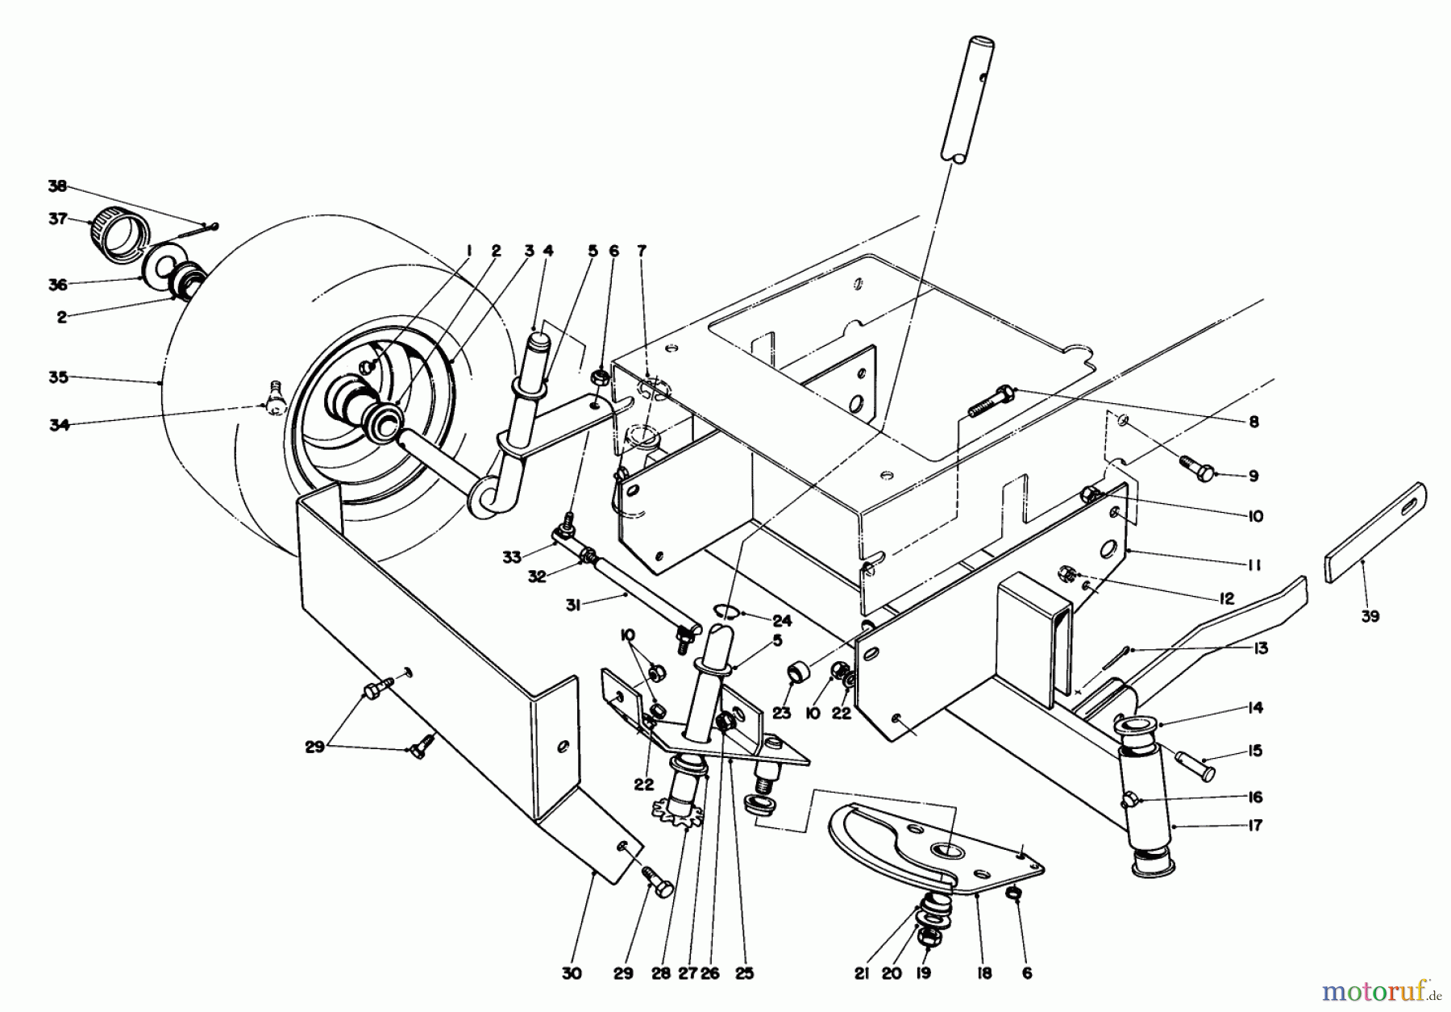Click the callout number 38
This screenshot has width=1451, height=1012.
tap(56, 186)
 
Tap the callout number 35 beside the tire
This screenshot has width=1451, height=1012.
tap(58, 377)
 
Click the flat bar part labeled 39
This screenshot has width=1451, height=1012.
tap(1375, 532)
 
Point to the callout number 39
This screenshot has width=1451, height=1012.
tap(1370, 617)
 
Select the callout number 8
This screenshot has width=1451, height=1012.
tap(1253, 422)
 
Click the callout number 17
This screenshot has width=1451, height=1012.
tap(1254, 826)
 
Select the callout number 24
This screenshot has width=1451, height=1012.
tap(781, 622)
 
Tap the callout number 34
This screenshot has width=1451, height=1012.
tap(58, 425)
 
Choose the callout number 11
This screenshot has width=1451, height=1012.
tap(1254, 566)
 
